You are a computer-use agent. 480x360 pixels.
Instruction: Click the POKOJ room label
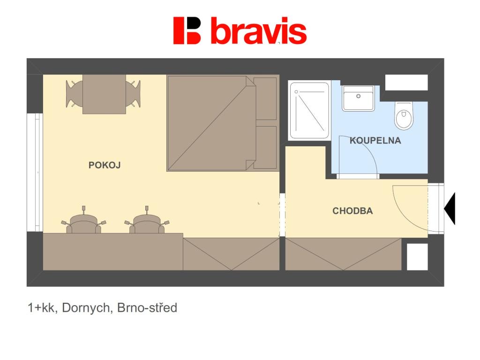click(x=105, y=165)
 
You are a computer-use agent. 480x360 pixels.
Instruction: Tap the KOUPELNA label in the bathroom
click(x=375, y=140)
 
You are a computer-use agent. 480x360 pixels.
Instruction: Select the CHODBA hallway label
click(x=352, y=211)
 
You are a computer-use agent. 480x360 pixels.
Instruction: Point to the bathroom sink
click(x=358, y=98)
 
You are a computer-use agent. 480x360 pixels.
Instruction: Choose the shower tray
click(x=309, y=111)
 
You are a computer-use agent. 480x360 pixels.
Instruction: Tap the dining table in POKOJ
click(x=104, y=94)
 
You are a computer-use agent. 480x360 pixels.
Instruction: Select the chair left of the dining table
click(x=74, y=94)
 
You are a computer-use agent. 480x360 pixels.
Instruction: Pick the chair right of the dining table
click(x=134, y=94)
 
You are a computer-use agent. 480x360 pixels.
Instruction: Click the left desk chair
click(x=84, y=222)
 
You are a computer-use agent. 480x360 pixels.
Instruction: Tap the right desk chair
click(x=147, y=222)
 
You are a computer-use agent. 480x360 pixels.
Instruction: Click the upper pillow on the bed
click(x=265, y=98)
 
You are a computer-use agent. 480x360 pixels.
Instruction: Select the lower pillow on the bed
click(x=265, y=147)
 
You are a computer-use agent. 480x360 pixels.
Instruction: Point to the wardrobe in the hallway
click(x=343, y=254)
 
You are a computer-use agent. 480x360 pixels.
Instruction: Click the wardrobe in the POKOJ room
click(x=231, y=254)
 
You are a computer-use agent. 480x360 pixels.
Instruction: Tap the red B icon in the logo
click(x=187, y=30)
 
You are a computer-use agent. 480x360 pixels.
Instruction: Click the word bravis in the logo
click(x=258, y=31)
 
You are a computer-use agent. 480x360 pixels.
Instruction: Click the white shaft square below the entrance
click(x=417, y=256)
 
